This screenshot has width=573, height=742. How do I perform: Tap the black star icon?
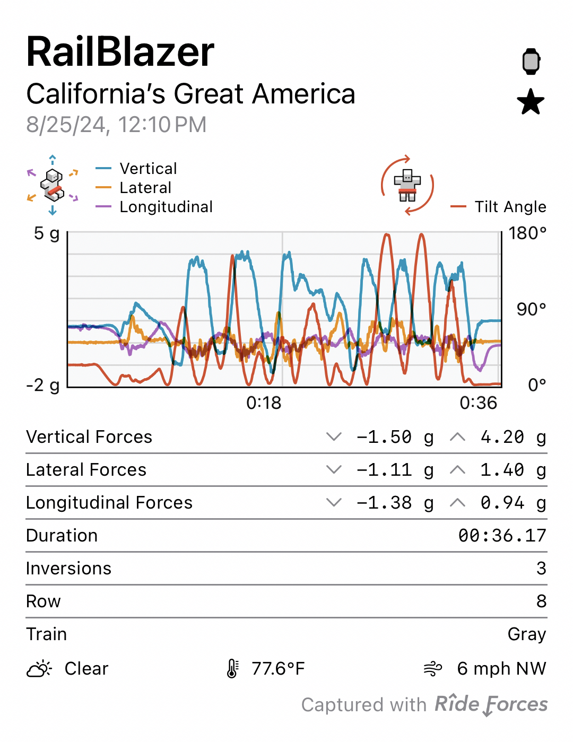pos(531,102)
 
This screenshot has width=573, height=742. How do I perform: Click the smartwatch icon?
pos(531,61)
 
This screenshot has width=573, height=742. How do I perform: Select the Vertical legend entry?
pos(148,169)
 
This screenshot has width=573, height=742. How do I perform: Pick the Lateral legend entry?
pos(145,188)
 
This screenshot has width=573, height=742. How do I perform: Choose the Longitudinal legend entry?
pos(166,207)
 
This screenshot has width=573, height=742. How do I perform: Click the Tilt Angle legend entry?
pos(510,207)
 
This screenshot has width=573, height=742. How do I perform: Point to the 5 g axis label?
pos(47,233)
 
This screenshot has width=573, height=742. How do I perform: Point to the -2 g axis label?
pos(43,385)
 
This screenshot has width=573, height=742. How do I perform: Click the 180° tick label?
pos(527,233)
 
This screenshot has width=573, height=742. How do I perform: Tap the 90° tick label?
pos(531,309)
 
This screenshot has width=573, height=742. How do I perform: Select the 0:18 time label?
pos(264,403)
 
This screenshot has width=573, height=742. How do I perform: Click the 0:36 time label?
pos(479,403)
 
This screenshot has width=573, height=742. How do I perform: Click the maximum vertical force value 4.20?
pos(502,437)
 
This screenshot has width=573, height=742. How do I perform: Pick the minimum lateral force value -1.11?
pos(384,470)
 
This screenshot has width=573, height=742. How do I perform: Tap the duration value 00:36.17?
pos(502,536)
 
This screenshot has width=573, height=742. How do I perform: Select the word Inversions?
pos(69,569)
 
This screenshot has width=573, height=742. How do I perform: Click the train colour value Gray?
pos(527,634)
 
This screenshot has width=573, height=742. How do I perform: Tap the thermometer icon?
pos(232,669)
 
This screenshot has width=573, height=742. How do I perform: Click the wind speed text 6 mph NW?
pos(501,669)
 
